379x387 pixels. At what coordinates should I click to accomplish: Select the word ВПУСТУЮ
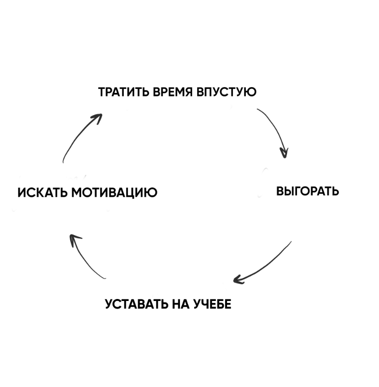click(x=227, y=92)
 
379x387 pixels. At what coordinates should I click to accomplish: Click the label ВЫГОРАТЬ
click(x=307, y=191)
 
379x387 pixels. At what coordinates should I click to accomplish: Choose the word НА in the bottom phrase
click(x=180, y=304)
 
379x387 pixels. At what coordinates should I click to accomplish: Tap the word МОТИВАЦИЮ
click(x=114, y=193)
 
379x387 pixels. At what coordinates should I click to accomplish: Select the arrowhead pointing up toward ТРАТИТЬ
click(x=97, y=118)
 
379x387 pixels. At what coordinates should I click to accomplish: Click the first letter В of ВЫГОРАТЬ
click(x=280, y=191)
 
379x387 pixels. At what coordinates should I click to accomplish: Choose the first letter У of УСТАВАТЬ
click(x=110, y=304)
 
